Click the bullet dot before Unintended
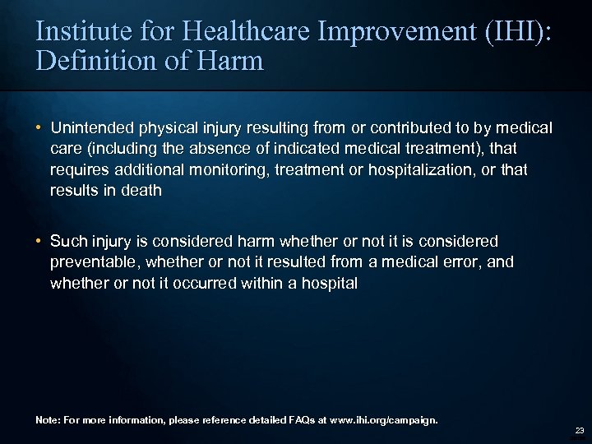coord(39,128)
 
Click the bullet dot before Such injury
coord(39,241)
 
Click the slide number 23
coord(579,430)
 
